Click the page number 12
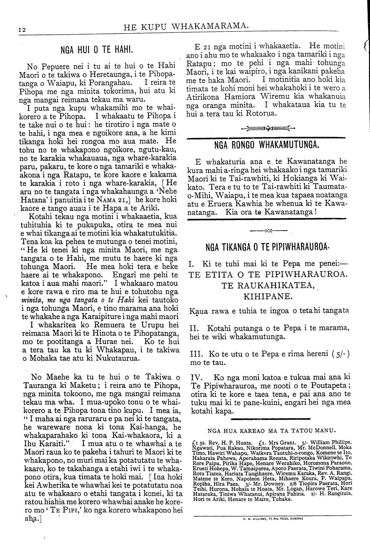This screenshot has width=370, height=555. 22,29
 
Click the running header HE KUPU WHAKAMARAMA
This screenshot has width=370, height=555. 186,27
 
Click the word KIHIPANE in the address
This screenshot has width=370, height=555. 267,297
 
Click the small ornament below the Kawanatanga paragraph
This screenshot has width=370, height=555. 268,231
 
